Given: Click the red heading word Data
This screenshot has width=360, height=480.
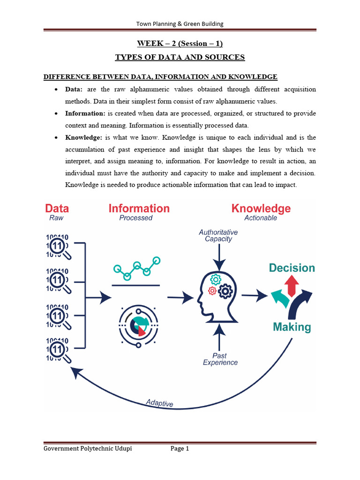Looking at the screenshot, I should tap(57, 209).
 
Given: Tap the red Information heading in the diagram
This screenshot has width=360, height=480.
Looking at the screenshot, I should tap(139, 209).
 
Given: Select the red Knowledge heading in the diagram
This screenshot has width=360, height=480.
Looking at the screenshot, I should tap(261, 209).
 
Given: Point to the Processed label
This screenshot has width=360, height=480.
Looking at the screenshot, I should tap(136, 218).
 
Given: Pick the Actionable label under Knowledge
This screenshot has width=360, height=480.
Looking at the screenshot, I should tap(261, 218).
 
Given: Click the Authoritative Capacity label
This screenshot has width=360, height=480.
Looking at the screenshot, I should tap(218, 235).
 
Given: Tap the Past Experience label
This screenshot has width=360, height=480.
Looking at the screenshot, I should tap(220, 359).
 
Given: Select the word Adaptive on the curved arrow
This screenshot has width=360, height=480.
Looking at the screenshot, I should tap(159, 403).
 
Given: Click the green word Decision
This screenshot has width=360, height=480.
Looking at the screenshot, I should tap(292, 268).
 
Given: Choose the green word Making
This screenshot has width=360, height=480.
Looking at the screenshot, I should tap(292, 327).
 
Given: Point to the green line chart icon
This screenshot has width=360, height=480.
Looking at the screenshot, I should tap(136, 268).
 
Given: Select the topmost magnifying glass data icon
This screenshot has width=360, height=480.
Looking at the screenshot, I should tap(58, 247).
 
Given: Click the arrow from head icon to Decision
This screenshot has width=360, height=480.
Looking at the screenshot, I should tap(255, 295).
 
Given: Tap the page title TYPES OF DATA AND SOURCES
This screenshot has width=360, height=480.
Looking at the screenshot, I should tap(180, 57).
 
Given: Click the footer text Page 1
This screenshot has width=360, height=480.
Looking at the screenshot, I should tap(180, 449).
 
